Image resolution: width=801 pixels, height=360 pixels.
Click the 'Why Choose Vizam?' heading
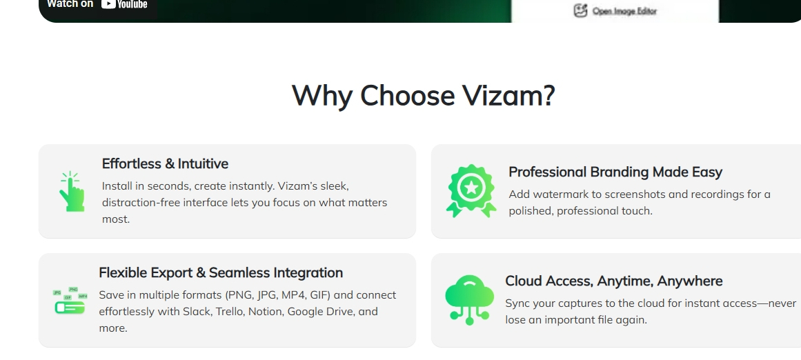[423, 95]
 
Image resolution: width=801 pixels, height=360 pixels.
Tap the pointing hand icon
[72, 192]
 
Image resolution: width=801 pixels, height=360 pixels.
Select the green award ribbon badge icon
[471, 191]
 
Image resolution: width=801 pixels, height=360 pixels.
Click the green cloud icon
[469, 300]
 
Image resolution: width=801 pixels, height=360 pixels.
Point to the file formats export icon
[70, 300]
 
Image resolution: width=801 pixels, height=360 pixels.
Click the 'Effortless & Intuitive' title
[165, 163]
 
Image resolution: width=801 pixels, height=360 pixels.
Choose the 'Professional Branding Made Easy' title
[615, 172]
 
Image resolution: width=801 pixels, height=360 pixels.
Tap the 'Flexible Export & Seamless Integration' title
[221, 272]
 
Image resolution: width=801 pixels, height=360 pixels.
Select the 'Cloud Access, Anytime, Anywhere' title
[613, 281]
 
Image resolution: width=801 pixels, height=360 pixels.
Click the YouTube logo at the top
[124, 4]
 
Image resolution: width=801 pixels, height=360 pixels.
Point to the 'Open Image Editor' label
[624, 11]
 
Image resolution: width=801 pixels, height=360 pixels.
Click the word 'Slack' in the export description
[197, 312]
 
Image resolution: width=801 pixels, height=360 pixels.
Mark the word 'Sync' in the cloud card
[517, 303]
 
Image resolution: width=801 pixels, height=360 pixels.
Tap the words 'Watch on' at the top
[70, 4]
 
